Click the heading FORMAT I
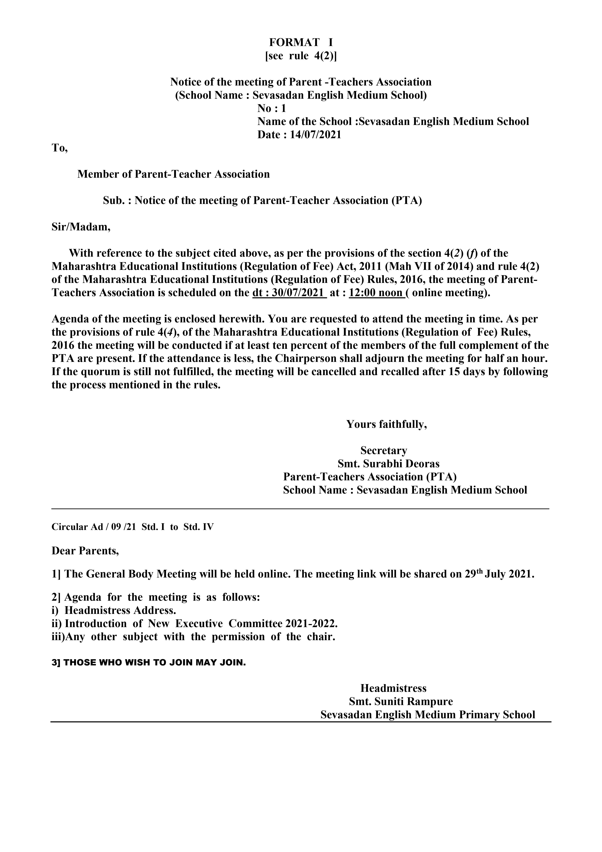click(301, 42)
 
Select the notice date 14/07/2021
click(315, 135)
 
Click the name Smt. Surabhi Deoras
click(388, 464)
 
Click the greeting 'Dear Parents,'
click(85, 551)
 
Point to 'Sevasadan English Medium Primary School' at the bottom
click(428, 715)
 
